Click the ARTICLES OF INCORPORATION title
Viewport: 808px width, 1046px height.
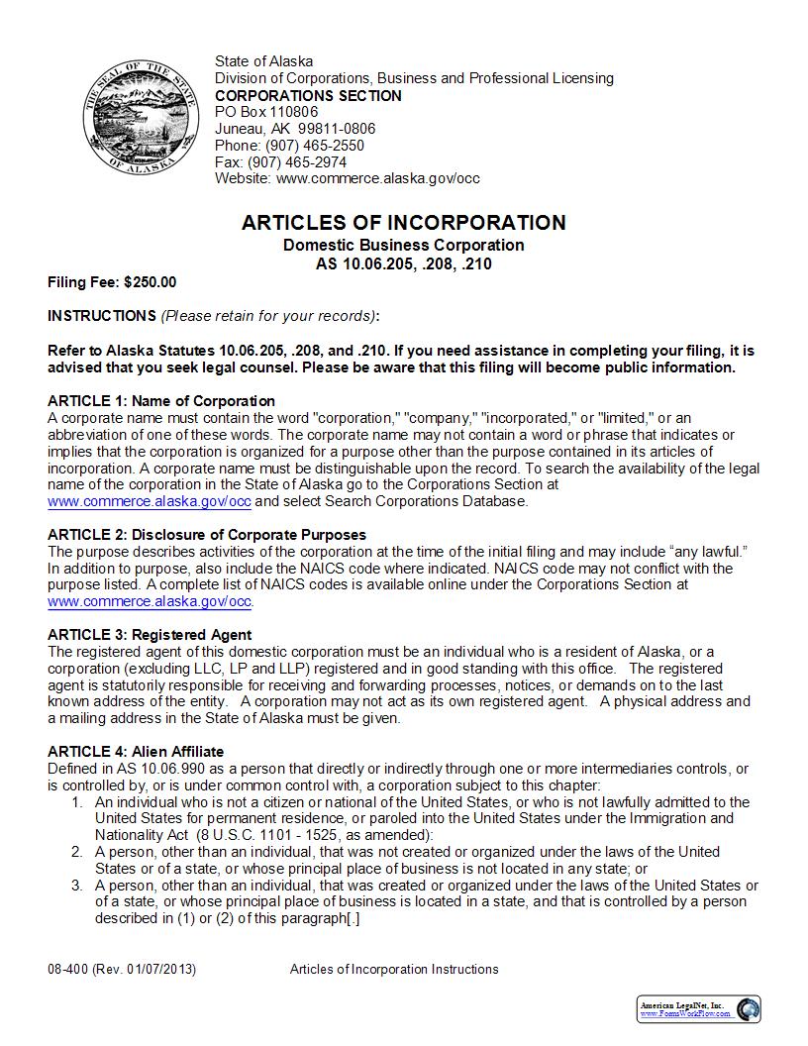pos(403,223)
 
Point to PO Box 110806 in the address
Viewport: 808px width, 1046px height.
pos(266,112)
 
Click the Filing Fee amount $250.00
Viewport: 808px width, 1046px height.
pos(150,282)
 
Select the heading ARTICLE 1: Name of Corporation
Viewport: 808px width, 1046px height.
pos(161,401)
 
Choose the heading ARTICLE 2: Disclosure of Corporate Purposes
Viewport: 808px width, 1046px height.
pos(207,535)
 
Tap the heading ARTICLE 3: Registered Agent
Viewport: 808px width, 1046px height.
pos(150,635)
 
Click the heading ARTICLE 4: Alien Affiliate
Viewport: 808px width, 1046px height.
pos(136,752)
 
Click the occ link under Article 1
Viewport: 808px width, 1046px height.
pos(150,501)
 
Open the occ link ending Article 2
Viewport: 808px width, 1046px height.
pos(150,601)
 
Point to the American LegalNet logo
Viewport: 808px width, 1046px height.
pos(699,1009)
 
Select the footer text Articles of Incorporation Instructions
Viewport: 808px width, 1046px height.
pos(394,969)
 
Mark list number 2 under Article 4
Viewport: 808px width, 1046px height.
pos(76,852)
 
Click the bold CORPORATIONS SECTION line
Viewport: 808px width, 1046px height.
pos(308,95)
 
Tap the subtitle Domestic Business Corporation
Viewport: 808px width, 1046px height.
pos(403,245)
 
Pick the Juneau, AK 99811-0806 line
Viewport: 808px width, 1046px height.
pos(295,129)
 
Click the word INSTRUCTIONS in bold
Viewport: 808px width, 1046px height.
pos(101,316)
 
